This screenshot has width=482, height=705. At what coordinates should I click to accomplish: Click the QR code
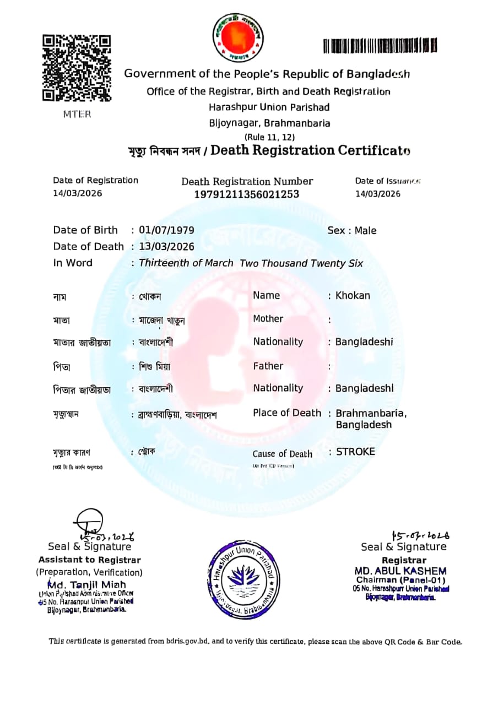click(77, 68)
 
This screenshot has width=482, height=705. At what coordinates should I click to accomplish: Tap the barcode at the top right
click(380, 45)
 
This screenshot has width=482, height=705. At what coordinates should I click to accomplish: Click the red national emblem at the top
click(238, 37)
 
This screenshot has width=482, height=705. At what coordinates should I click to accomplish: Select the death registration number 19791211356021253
click(247, 194)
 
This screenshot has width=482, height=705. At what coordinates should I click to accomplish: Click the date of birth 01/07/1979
click(166, 230)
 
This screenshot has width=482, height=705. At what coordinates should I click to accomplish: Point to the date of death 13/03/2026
click(166, 246)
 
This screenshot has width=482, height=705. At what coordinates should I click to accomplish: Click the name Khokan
click(353, 295)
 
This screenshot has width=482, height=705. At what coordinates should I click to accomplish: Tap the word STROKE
click(355, 452)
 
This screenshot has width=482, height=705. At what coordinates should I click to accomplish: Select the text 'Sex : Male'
click(352, 230)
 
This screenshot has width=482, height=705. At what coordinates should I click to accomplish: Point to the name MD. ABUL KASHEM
click(400, 571)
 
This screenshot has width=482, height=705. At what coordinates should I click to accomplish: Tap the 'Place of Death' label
click(287, 413)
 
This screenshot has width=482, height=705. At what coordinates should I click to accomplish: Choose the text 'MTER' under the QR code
click(77, 115)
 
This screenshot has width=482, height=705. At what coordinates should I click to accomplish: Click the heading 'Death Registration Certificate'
click(311, 150)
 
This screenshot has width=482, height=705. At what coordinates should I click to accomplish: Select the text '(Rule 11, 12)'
click(269, 137)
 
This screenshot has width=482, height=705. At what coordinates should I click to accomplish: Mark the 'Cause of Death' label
click(283, 454)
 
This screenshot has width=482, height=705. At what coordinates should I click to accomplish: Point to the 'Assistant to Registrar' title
click(89, 560)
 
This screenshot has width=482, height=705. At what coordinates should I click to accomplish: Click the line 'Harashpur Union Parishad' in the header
click(269, 107)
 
